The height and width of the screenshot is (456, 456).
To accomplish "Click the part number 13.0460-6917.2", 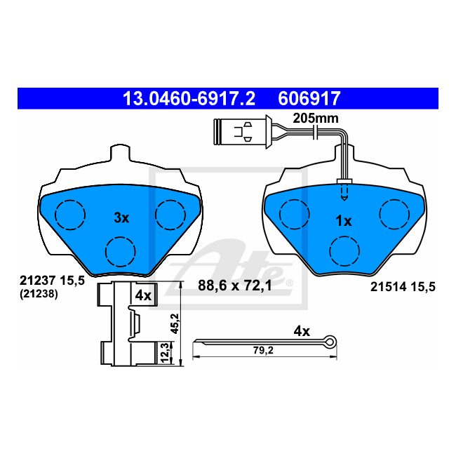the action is (189, 99).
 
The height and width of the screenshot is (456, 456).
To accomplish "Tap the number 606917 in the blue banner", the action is (309, 99).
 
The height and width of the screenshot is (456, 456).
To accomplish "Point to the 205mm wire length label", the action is (316, 119).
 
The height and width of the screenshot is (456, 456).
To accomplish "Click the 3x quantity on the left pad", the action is (121, 217).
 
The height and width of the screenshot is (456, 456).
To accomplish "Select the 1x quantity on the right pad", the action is (344, 221).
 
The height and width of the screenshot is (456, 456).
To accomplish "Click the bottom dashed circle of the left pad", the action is (121, 252).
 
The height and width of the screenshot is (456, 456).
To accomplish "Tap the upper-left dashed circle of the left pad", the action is (70, 215).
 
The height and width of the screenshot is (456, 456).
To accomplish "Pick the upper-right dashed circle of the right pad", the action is (395, 215).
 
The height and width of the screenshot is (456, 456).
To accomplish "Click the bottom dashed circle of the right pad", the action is (344, 251).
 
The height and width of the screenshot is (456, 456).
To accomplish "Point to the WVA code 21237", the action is (37, 281).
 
